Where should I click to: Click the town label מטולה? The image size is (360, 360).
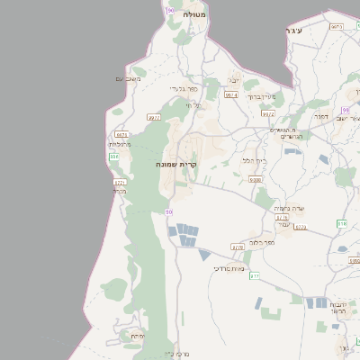coord(194,15)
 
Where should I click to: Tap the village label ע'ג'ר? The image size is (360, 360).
coord(293,31)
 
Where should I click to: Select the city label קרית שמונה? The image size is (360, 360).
coord(181,165)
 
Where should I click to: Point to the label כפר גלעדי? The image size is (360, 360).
coord(183,89)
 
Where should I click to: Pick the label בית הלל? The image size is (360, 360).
coord(254,160)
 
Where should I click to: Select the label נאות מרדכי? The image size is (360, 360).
coord(229,268)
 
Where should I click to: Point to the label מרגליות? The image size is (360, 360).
coord(121,144)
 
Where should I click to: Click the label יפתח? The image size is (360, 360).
coord(138,336)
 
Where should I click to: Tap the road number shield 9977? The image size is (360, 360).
coord(154,117)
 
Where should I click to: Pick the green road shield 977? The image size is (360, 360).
coord(255,275)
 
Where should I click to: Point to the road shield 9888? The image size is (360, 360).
coord(256,180)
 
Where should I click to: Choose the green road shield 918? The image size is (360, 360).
coord(341,223)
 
